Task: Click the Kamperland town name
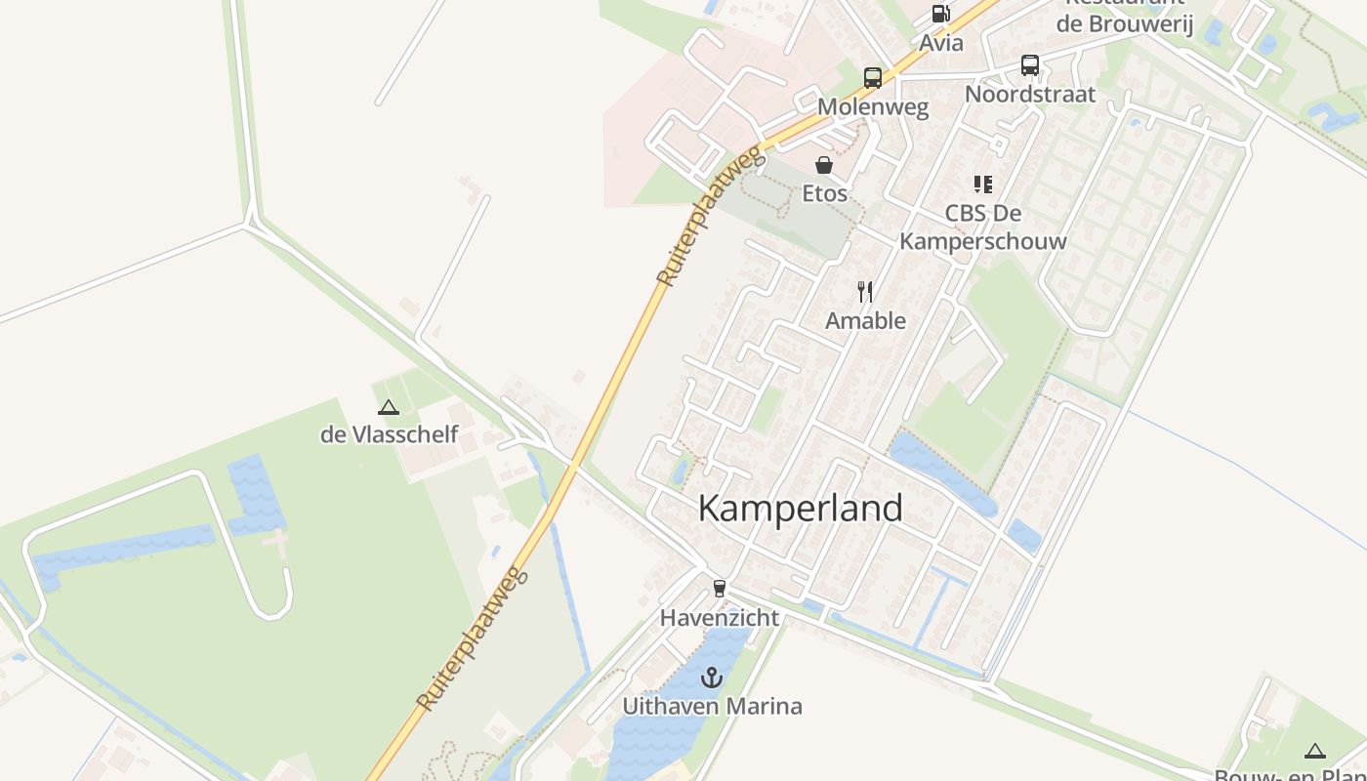point(801,509)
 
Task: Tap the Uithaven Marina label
point(713,706)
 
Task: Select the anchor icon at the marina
point(713,677)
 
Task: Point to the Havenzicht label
point(720,618)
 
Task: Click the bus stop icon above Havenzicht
point(720,588)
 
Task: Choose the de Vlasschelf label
point(389,434)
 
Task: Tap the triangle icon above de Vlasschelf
point(389,407)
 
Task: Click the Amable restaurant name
point(865,320)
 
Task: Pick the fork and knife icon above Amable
point(865,291)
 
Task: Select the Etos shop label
point(825,193)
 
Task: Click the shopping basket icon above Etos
point(824,164)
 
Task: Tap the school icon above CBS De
point(982,185)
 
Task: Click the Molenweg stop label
point(873,107)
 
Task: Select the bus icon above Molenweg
point(873,78)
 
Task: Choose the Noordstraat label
point(1030,95)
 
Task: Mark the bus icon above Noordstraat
point(1030,65)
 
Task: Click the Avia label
point(941,43)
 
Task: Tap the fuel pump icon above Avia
point(941,14)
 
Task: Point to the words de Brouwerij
point(1125,24)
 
